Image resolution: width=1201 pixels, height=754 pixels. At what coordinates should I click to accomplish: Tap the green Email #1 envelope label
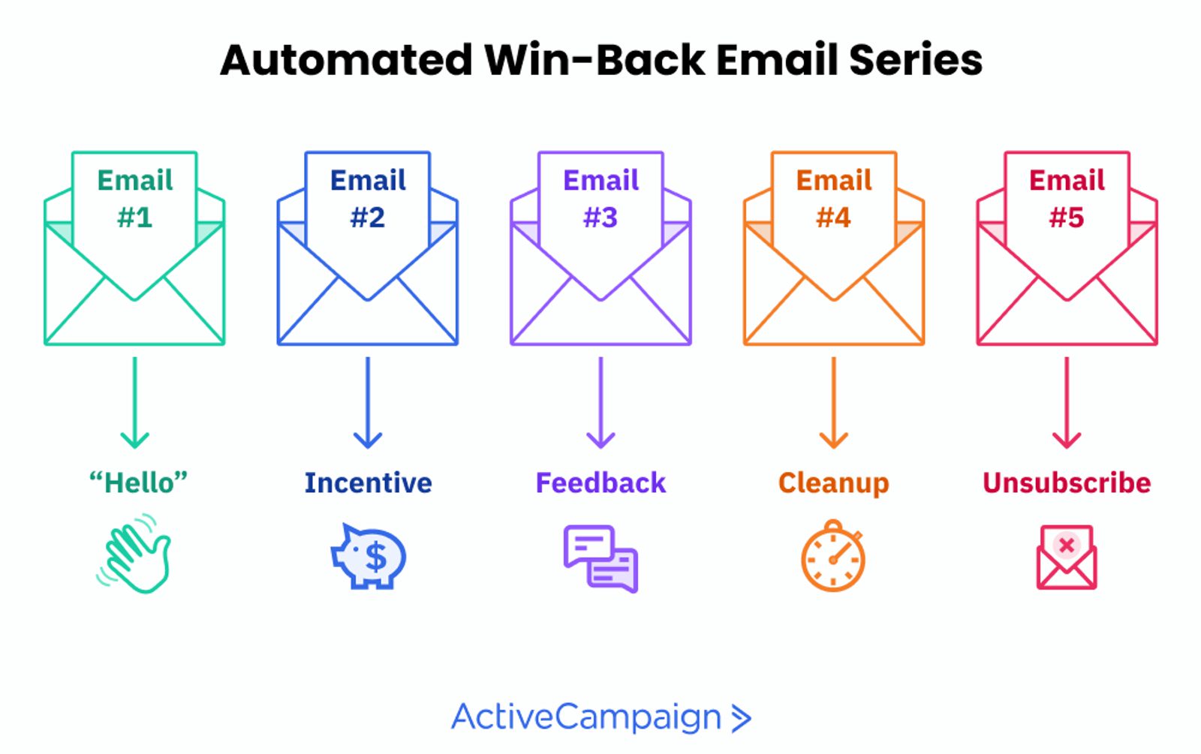pyautogui.click(x=135, y=199)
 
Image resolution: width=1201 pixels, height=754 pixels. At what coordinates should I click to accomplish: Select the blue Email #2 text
pyautogui.click(x=368, y=199)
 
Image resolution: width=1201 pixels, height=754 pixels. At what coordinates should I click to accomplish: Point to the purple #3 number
pyautogui.click(x=600, y=218)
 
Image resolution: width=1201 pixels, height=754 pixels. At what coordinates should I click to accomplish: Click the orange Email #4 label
pyautogui.click(x=834, y=199)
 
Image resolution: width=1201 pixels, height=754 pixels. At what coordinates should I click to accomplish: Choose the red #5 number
pyautogui.click(x=1067, y=218)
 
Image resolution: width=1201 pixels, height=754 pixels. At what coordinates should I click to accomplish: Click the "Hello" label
pyautogui.click(x=138, y=482)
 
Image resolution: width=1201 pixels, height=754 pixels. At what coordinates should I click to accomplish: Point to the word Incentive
pyautogui.click(x=368, y=482)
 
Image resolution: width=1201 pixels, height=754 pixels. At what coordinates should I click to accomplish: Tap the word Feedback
pyautogui.click(x=600, y=482)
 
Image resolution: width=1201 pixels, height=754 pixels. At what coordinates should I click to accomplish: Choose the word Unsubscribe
pyautogui.click(x=1067, y=482)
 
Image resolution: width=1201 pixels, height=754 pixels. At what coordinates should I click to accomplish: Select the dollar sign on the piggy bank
pyautogui.click(x=375, y=557)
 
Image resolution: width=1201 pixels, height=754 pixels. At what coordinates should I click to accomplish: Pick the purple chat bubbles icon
pyautogui.click(x=600, y=558)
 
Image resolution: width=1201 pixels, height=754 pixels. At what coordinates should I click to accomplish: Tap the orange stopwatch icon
pyautogui.click(x=833, y=557)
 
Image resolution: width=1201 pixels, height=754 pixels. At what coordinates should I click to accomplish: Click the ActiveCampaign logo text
pyautogui.click(x=586, y=717)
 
